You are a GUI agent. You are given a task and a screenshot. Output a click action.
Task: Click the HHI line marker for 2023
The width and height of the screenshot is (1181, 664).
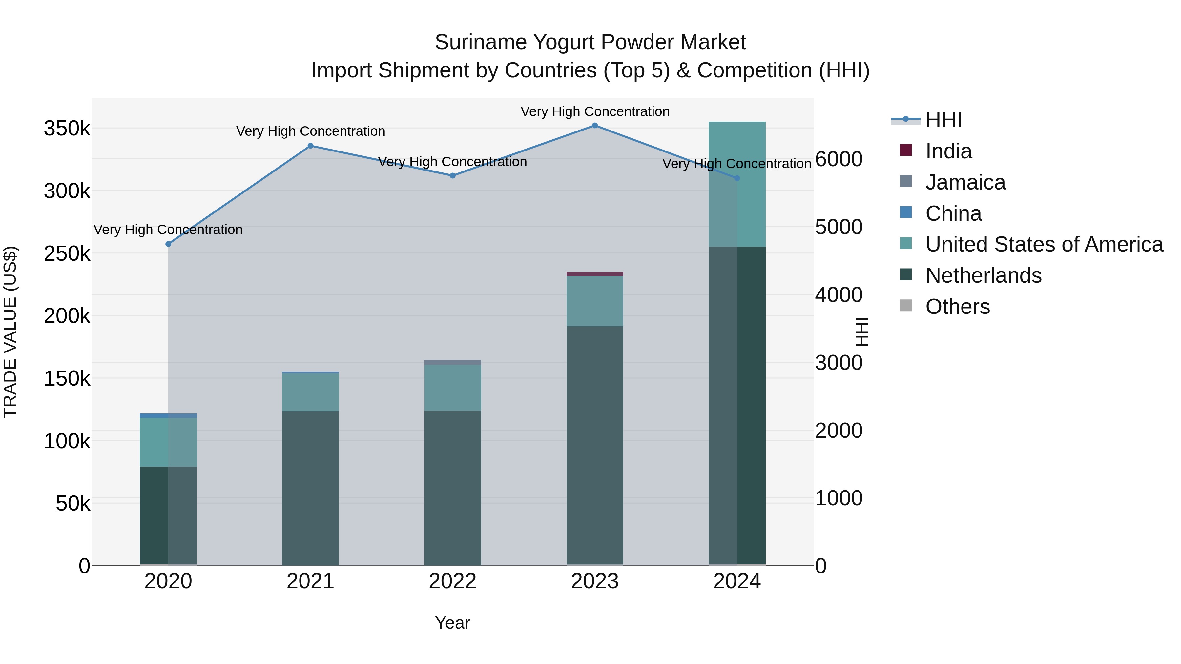[x=595, y=126]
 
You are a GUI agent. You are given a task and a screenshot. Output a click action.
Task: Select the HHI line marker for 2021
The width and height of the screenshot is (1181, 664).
[x=310, y=146]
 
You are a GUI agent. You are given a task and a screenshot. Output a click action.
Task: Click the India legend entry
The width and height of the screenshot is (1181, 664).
[x=948, y=151]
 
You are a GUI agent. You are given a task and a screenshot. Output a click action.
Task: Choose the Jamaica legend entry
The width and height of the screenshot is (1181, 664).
[x=965, y=182]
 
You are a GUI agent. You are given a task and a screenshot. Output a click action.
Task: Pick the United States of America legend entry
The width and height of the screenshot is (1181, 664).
[x=1044, y=244]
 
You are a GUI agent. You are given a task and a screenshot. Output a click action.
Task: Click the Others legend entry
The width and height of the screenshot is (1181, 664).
[x=957, y=307]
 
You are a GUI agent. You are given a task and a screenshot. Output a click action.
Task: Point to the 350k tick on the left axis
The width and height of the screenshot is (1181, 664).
[x=67, y=129]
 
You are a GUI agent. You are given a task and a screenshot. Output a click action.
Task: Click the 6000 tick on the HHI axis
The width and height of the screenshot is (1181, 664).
[x=839, y=159]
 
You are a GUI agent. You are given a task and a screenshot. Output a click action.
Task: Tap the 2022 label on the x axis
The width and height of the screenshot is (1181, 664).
[x=452, y=581]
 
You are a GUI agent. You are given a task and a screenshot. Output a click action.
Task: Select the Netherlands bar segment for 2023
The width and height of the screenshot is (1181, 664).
[x=595, y=445]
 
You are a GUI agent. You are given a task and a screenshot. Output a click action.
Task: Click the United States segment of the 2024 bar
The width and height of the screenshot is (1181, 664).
[x=737, y=184]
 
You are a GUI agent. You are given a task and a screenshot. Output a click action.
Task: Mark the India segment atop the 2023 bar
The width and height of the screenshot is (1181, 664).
[x=595, y=274]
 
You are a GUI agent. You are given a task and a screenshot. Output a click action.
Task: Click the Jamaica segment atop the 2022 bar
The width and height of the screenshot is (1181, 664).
[x=452, y=362]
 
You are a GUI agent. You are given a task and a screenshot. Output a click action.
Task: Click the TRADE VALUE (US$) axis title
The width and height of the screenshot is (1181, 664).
[x=10, y=332]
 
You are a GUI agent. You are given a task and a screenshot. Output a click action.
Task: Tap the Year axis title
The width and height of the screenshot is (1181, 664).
[x=452, y=623]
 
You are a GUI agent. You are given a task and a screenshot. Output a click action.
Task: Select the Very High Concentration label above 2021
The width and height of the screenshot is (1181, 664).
[x=310, y=131]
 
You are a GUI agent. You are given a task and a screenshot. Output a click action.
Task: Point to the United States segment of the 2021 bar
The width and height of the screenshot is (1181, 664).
[x=310, y=392]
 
